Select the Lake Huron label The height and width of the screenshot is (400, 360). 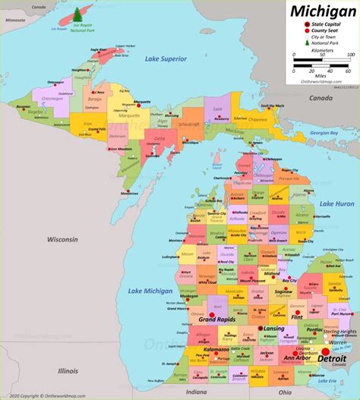[x=336, y=204]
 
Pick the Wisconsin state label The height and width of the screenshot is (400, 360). [x=62, y=239]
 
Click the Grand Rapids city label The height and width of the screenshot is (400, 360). [x=215, y=320]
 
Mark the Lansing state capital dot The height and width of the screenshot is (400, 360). [x=260, y=328]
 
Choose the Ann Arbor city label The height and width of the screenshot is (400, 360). [x=299, y=358]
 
